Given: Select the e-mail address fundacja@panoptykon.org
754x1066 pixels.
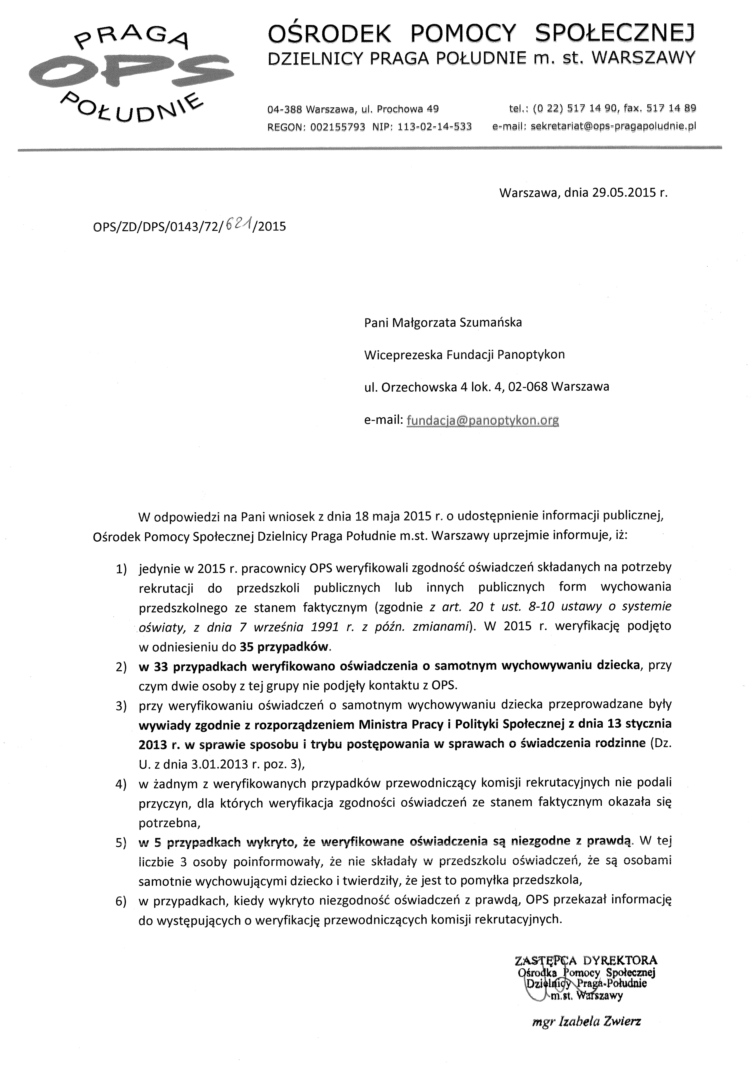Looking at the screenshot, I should [482, 420].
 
